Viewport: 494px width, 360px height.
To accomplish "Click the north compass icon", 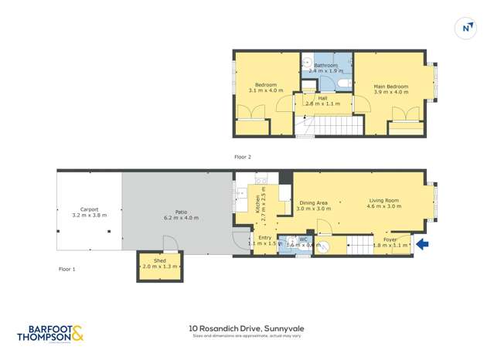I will tap(467, 28).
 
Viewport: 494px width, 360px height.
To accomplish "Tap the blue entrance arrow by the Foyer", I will tap(422, 245).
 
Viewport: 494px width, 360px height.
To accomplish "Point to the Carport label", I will tap(89, 209).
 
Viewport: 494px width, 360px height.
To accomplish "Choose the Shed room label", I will tap(159, 261).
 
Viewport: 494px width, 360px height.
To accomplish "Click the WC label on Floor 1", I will tap(303, 239).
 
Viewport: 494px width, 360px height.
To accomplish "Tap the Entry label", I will tap(264, 237).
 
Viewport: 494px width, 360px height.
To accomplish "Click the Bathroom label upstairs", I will tap(325, 66).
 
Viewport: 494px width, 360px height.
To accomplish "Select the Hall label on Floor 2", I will tap(322, 98).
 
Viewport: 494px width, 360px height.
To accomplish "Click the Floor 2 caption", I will tap(244, 157).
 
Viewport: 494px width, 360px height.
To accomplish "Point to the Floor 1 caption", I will tap(67, 269).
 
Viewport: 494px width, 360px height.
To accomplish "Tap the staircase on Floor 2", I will tap(335, 125).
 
